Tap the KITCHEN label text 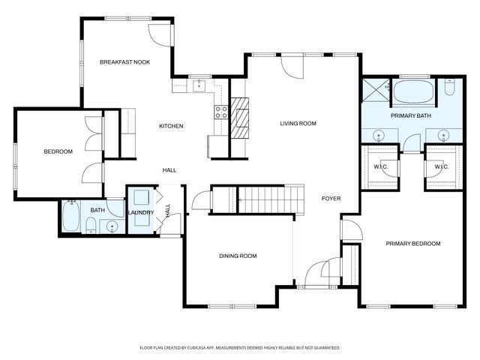(171, 126)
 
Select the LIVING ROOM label (298, 124)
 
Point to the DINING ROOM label (238, 256)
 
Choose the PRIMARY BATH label (410, 116)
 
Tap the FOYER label (331, 199)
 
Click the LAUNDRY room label (141, 213)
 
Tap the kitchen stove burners (221, 112)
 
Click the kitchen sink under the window (199, 85)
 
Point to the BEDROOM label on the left (58, 152)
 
